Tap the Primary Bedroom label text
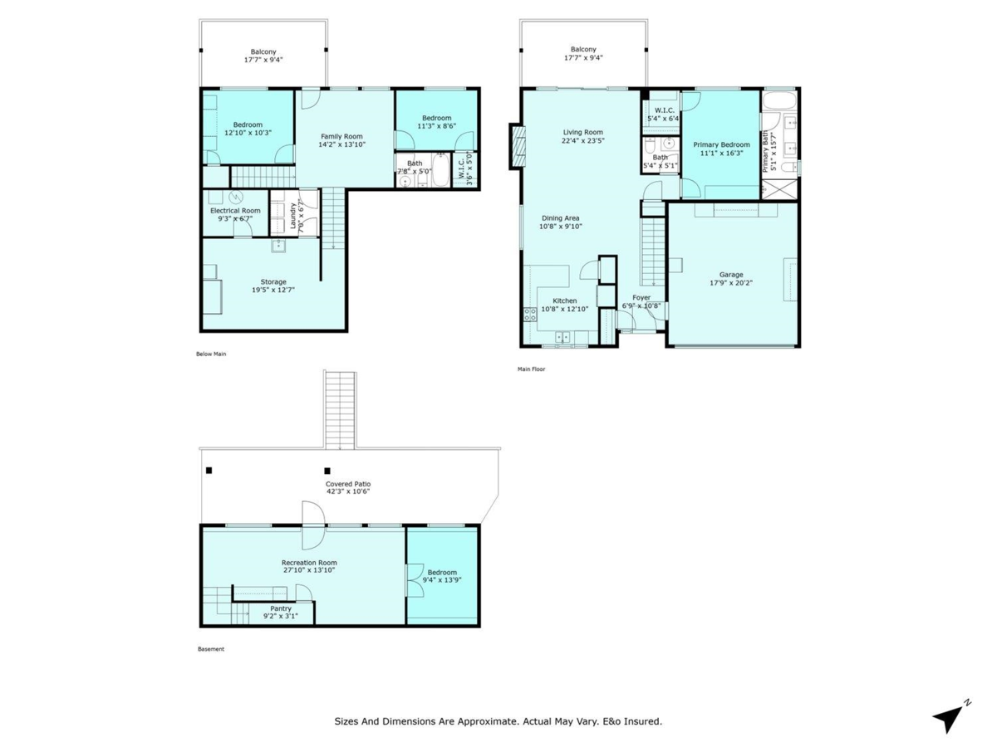point(721,144)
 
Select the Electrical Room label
point(235,211)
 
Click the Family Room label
point(341,136)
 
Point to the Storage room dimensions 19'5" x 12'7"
point(268,290)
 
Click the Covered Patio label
point(347,484)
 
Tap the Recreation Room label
point(309,563)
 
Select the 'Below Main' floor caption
point(211,354)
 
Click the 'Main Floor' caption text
point(532,369)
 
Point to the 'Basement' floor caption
point(211,649)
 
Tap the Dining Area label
point(561,218)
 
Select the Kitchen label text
point(565,300)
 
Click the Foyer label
point(641,297)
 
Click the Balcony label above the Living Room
point(583,49)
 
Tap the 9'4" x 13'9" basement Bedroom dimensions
point(442,580)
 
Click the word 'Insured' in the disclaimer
point(643,722)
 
